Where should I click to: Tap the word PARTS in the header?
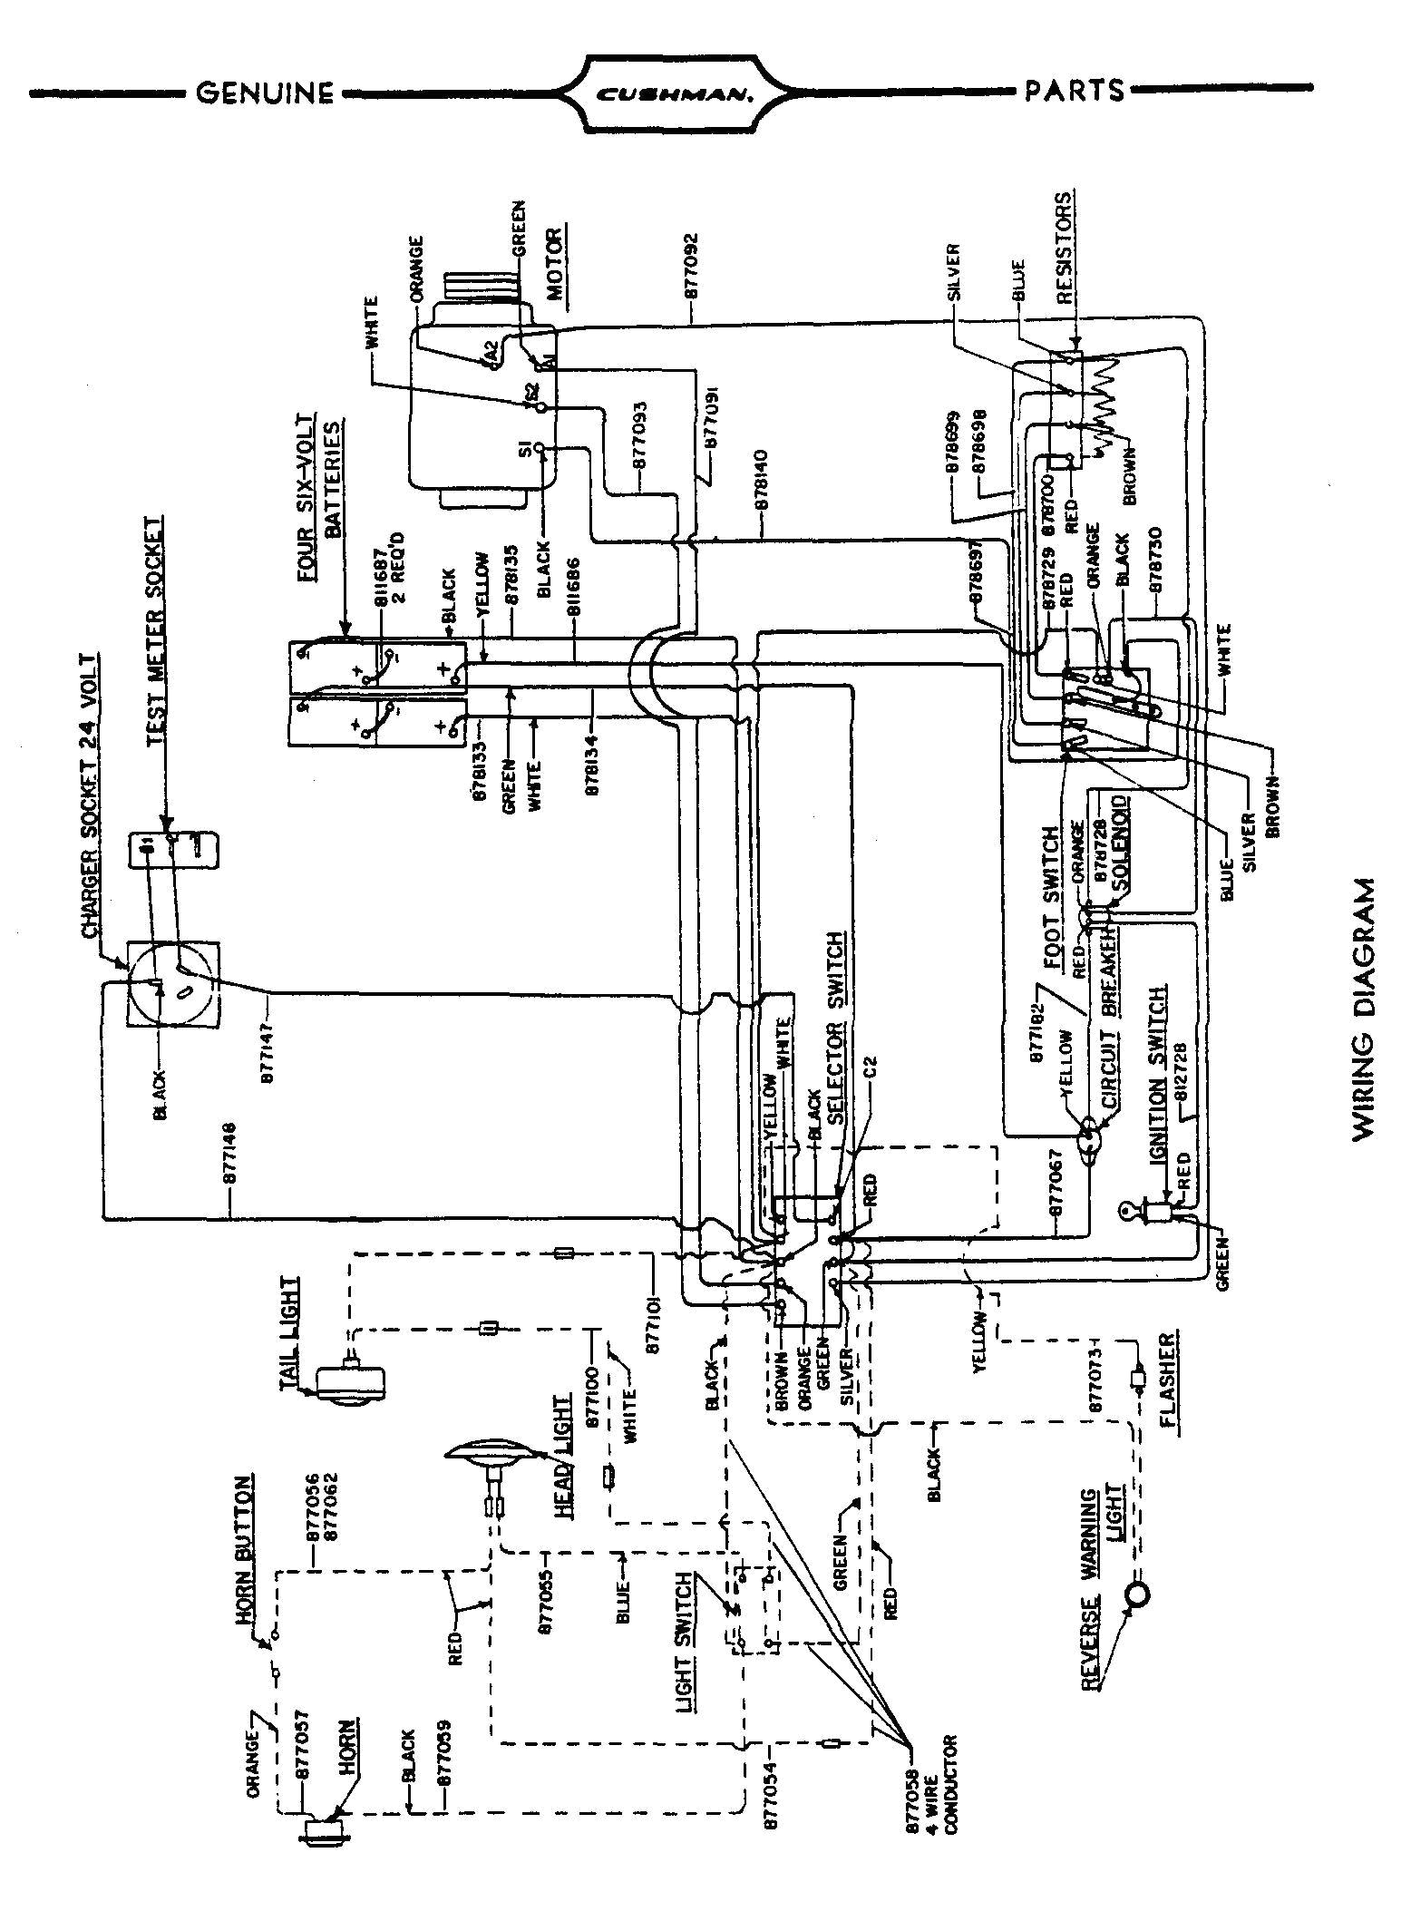tap(1075, 91)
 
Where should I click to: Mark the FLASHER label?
tap(1171, 1380)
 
